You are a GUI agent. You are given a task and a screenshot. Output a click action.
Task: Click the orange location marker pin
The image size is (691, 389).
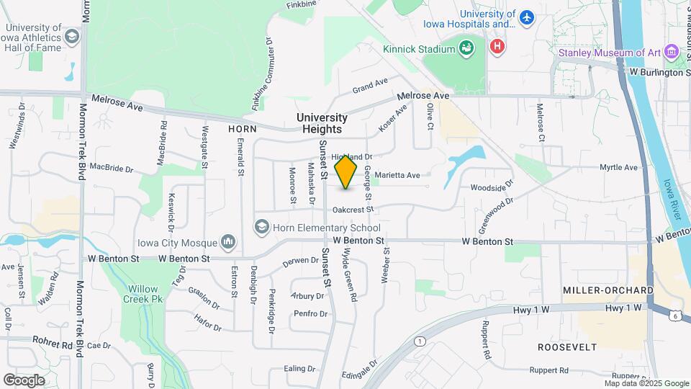345,171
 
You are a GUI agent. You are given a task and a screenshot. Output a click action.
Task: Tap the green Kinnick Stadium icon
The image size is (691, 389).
467,48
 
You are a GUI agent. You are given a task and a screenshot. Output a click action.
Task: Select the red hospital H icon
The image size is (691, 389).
497,48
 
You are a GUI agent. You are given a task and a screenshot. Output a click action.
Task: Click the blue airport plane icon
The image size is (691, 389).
528,17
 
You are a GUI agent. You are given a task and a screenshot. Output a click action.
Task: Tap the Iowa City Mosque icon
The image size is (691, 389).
228,241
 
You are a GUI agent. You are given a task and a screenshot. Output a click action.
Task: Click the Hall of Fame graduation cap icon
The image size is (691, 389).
71,37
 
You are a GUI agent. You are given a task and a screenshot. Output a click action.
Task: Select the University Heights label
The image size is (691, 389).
322,123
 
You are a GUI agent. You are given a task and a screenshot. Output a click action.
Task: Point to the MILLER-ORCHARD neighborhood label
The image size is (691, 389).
608,290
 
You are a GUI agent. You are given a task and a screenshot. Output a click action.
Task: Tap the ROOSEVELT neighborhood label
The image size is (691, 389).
567,346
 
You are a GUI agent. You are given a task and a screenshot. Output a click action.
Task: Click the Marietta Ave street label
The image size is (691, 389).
397,175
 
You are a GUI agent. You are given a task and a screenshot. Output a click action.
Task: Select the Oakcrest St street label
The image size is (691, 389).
353,210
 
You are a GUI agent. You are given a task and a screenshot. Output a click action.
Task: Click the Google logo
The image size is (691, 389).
24,380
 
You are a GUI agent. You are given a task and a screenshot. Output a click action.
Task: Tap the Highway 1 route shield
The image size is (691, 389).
420,340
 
